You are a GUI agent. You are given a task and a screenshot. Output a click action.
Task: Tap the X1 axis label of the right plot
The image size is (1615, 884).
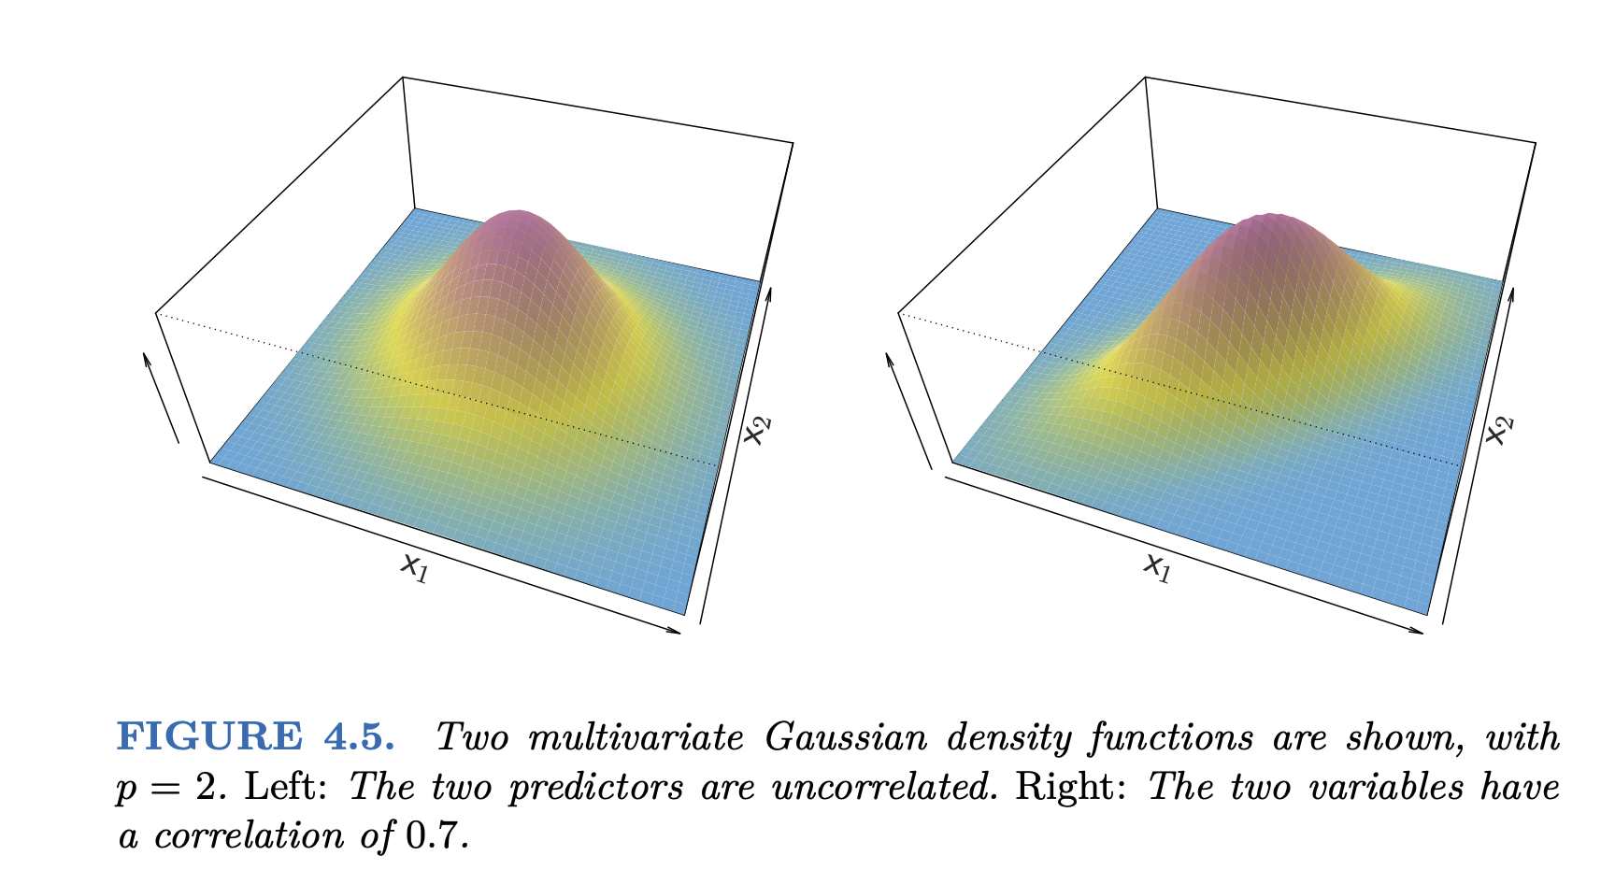point(1157,567)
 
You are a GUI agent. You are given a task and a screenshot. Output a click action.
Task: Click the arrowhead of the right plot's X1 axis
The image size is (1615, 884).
point(1419,632)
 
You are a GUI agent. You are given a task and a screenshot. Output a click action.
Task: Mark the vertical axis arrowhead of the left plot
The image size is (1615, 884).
point(145,356)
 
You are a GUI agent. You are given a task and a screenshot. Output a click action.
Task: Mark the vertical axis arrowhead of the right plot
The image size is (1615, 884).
point(888,356)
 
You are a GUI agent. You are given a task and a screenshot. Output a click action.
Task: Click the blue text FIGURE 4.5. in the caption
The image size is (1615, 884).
point(255,737)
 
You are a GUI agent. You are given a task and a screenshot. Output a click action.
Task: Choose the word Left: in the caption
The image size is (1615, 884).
point(285,787)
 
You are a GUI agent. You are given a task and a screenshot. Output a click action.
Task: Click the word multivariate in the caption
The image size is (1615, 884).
point(636,738)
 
